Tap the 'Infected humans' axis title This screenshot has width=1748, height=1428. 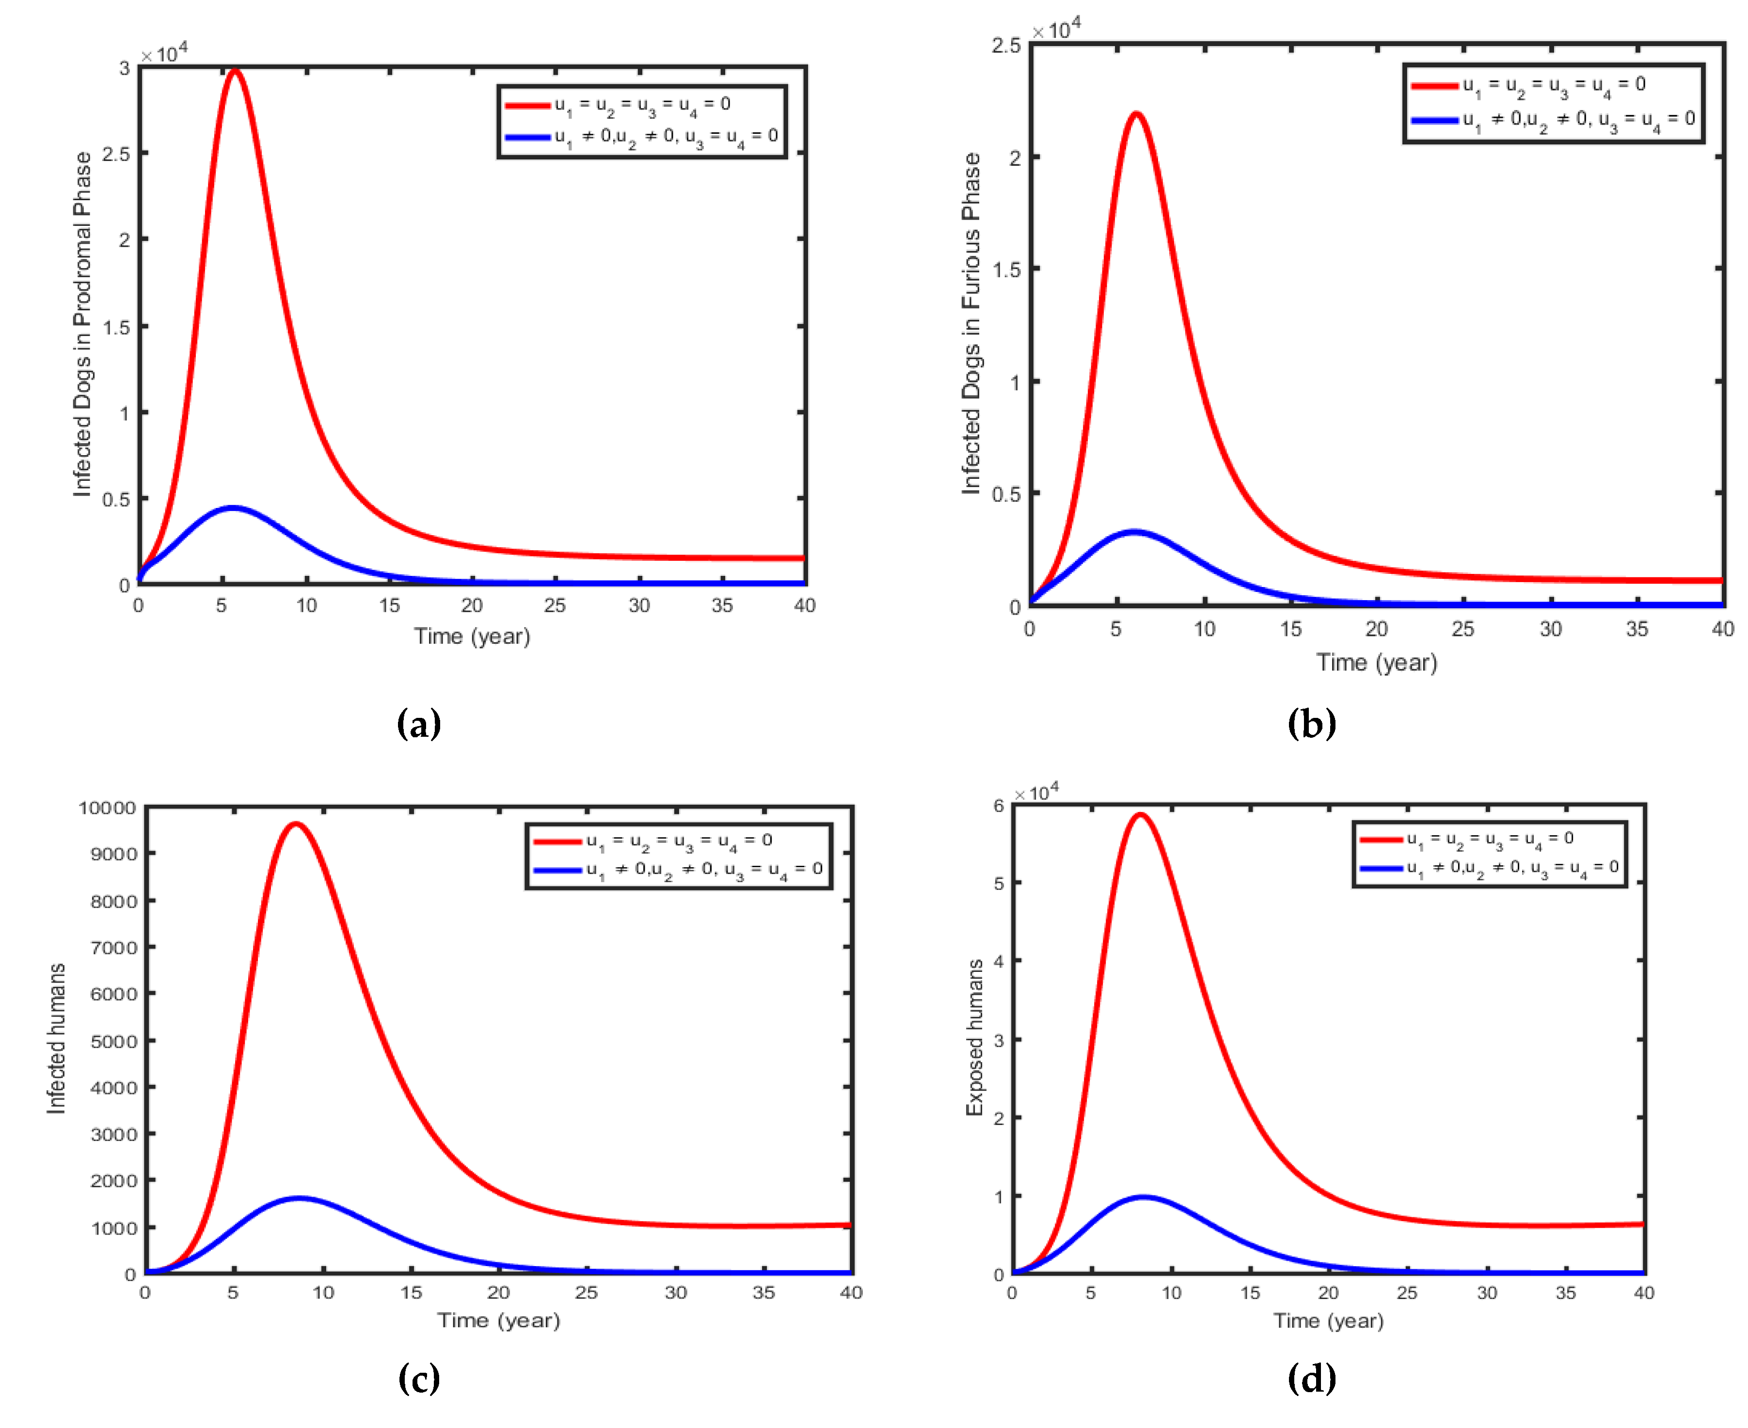[x=55, y=1038]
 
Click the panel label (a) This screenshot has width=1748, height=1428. [x=419, y=724]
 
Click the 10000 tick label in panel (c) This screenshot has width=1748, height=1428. [x=107, y=808]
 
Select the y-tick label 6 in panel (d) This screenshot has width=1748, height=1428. [x=999, y=806]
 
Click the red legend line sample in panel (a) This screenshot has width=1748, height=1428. [x=527, y=105]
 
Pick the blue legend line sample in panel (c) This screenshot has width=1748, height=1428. [x=557, y=870]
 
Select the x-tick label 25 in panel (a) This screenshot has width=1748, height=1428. [x=555, y=605]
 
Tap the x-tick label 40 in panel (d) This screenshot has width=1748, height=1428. [x=1643, y=1292]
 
